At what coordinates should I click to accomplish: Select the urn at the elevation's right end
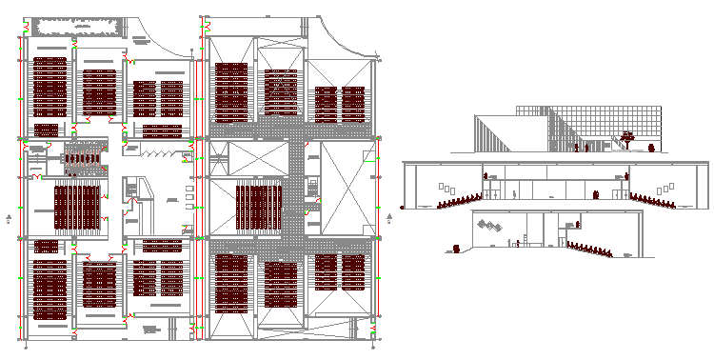click(x=651, y=148)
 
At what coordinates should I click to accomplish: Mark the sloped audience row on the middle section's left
click(x=457, y=200)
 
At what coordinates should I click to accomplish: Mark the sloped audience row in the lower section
click(x=590, y=249)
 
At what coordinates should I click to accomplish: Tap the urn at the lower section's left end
click(x=456, y=249)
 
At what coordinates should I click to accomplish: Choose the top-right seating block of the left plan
click(x=158, y=97)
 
